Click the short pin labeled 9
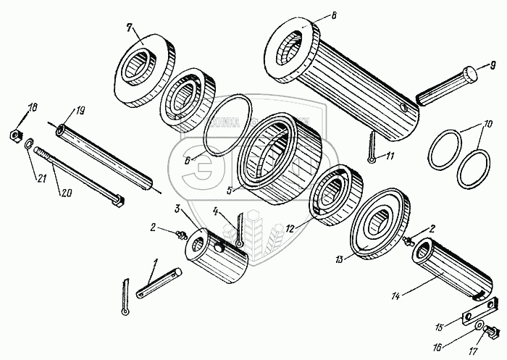(x=446, y=84)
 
